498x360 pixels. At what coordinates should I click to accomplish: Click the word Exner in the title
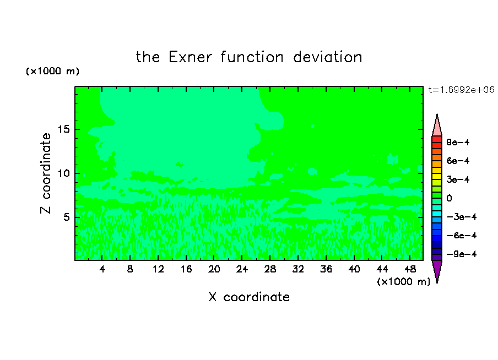190,57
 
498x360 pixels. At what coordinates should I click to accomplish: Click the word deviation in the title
327,57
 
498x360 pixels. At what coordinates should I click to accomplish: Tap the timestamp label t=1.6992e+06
461,90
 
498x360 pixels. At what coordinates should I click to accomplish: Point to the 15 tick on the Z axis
63,129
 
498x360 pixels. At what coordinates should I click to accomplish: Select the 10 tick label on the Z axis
63,173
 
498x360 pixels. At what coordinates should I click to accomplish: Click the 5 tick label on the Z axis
66,217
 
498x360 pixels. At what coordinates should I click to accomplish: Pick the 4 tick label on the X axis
102,269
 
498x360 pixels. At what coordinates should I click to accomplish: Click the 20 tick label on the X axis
214,269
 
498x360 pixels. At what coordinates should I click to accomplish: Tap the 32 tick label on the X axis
298,269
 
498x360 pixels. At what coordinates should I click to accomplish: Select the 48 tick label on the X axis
410,269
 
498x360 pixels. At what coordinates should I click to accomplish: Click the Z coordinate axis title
45,173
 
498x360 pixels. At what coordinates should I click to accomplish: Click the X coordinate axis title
249,297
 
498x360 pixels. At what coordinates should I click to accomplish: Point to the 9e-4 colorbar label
458,142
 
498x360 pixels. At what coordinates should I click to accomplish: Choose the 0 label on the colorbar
449,198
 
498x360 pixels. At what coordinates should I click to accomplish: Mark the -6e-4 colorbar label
462,236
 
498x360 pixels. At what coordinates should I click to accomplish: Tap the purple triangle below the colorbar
437,270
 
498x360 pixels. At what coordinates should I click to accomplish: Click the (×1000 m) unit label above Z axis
52,71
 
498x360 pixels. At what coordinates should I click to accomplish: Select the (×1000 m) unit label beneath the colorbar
404,282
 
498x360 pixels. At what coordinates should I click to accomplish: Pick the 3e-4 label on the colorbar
458,179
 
